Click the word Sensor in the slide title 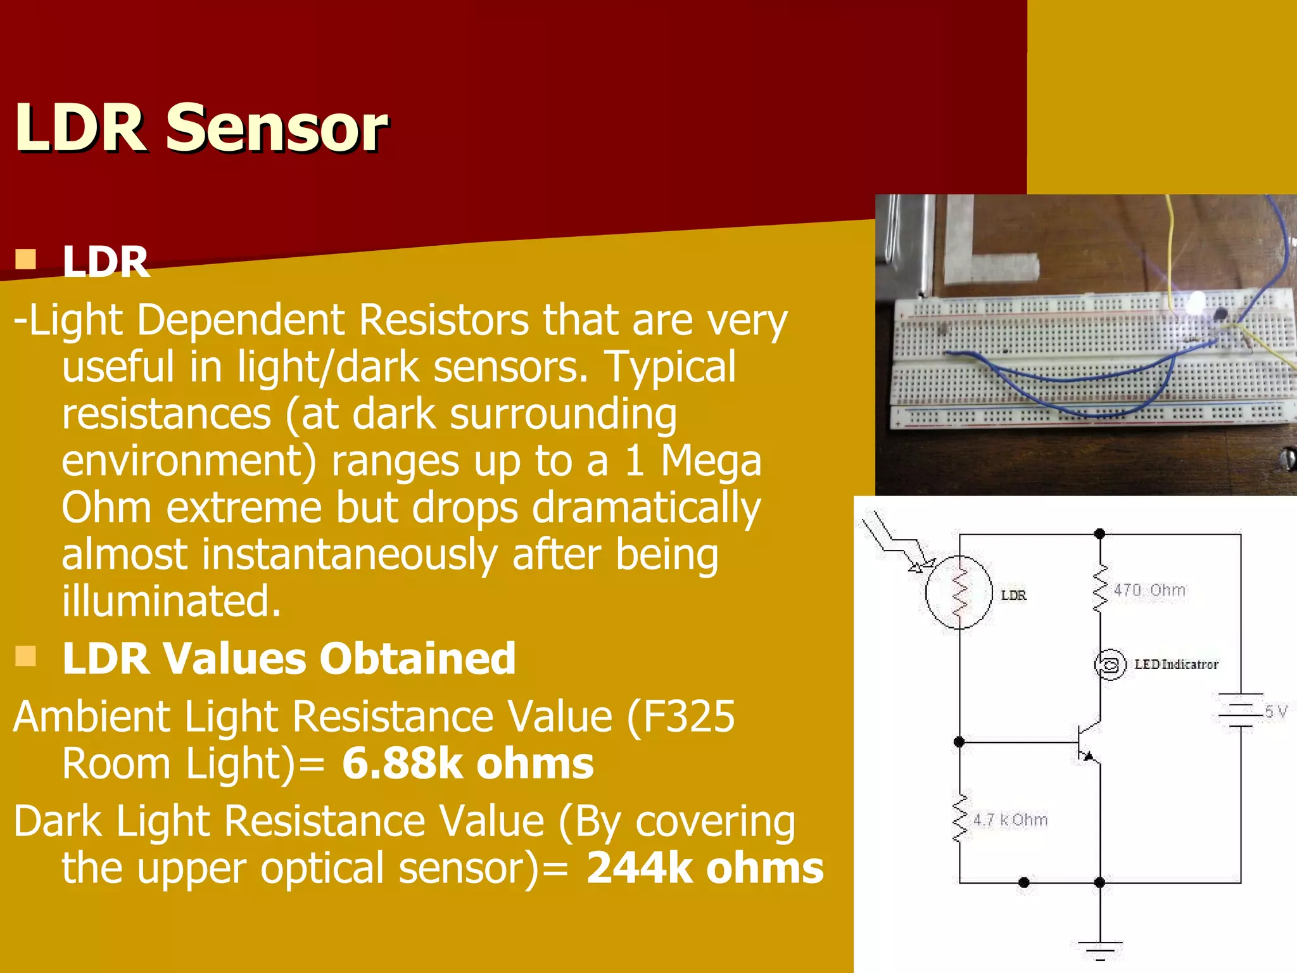click(276, 129)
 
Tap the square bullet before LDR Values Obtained click(26, 656)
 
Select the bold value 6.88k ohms click(468, 763)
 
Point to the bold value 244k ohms click(705, 868)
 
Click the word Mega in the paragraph click(711, 461)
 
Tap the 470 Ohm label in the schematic click(1149, 590)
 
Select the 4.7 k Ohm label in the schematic click(1010, 820)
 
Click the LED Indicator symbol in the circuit click(1110, 665)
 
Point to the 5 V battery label click(1275, 711)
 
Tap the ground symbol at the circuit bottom click(1100, 948)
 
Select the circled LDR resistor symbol click(959, 592)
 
